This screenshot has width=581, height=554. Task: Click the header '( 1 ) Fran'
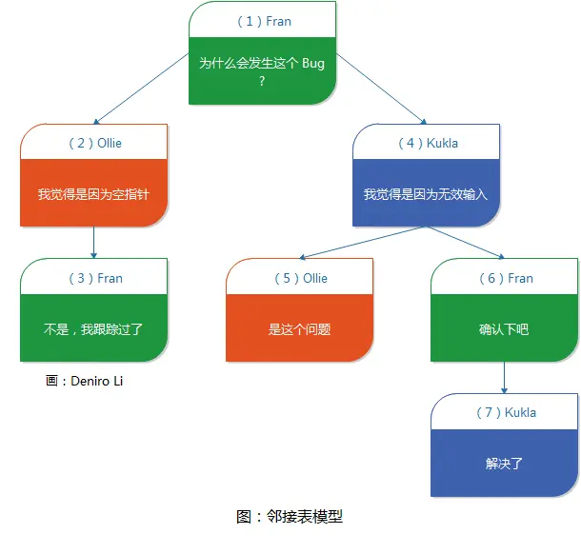click(x=262, y=20)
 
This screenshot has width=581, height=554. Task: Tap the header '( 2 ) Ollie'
click(x=94, y=144)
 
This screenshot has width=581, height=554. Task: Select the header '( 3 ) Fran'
click(x=94, y=278)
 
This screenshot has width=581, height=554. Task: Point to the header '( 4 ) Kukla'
click(x=427, y=144)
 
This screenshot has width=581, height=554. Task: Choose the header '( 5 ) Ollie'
click(x=300, y=278)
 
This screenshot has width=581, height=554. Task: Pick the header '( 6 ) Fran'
click(x=505, y=278)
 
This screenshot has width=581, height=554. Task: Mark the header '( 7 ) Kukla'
click(x=505, y=412)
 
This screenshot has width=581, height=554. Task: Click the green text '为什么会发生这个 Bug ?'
click(x=262, y=71)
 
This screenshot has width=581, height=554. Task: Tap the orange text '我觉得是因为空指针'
click(x=94, y=195)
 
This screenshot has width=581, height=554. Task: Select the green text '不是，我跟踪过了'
click(x=94, y=329)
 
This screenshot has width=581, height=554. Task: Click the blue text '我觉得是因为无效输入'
click(x=425, y=195)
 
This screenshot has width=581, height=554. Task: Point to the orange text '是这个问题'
click(x=300, y=329)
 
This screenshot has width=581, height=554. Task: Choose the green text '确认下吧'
click(x=504, y=329)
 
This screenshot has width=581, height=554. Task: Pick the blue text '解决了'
click(x=504, y=464)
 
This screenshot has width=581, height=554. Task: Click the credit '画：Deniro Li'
click(x=84, y=381)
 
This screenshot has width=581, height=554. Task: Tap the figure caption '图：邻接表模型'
click(x=289, y=517)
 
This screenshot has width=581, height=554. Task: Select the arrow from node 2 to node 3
click(x=93, y=243)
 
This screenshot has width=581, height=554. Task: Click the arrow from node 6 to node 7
click(x=504, y=378)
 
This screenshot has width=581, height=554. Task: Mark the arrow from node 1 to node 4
click(x=381, y=89)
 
